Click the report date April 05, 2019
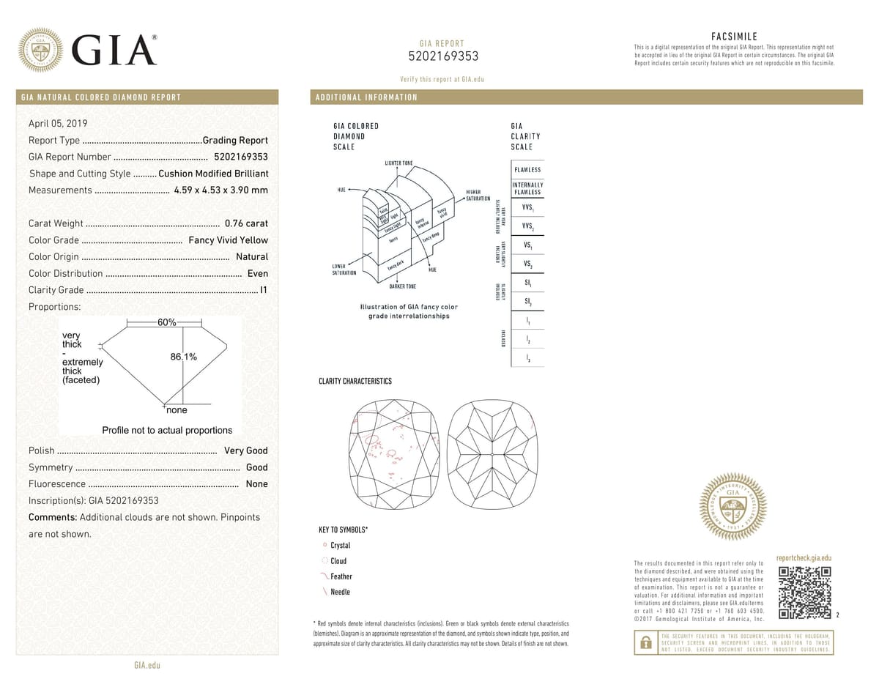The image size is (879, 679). click(x=57, y=123)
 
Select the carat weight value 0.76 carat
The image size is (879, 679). click(x=246, y=223)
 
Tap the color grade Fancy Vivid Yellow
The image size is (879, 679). click(x=229, y=240)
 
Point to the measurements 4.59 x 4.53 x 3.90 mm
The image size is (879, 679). click(x=221, y=190)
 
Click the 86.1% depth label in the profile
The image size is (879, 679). click(x=183, y=357)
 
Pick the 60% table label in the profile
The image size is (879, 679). click(x=166, y=323)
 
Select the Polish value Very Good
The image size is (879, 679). click(x=246, y=450)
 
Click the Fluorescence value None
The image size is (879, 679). click(x=257, y=484)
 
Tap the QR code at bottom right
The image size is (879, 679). click(x=804, y=592)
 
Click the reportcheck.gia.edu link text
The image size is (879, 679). click(x=803, y=558)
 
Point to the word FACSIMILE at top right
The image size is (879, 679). click(x=734, y=37)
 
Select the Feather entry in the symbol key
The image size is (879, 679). click(x=341, y=576)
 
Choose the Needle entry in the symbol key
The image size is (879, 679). click(x=340, y=592)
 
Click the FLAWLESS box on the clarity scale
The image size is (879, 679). click(x=527, y=170)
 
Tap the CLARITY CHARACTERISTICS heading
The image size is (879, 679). click(x=355, y=381)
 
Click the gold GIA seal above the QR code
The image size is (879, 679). click(x=733, y=505)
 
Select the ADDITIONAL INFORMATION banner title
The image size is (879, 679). click(x=366, y=97)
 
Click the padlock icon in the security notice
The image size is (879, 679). click(x=645, y=643)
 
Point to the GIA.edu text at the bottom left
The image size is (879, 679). click(x=147, y=665)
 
